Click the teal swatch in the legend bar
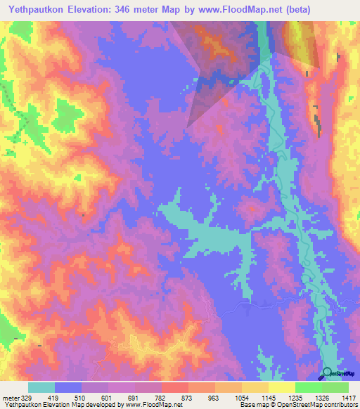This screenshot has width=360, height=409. (x=41, y=387)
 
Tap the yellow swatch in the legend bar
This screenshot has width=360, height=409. (x=282, y=387)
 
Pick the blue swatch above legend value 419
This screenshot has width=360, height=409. (x=68, y=387)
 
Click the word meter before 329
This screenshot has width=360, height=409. (x=10, y=398)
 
